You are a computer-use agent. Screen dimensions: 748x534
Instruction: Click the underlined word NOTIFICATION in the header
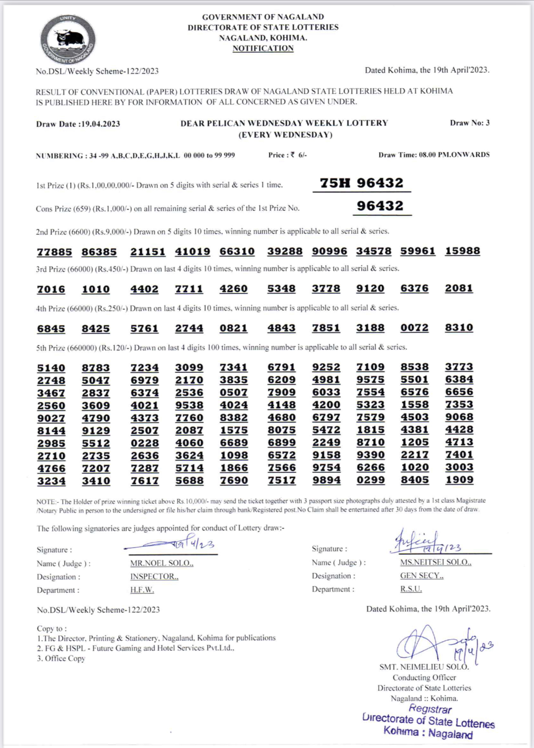[263, 48]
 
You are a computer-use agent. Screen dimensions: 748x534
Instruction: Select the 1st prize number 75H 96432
[361, 183]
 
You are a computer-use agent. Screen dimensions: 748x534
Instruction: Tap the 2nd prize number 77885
[55, 252]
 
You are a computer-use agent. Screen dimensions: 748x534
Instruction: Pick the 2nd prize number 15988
[462, 251]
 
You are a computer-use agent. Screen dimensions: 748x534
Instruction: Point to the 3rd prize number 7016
[51, 289]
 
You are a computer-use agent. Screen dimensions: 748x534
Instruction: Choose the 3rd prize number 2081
[459, 288]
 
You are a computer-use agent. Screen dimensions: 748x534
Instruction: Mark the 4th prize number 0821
[233, 328]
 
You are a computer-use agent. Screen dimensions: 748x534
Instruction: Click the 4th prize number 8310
[459, 328]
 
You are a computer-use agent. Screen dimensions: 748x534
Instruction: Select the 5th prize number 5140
[51, 368]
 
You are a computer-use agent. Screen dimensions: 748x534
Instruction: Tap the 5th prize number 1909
[459, 480]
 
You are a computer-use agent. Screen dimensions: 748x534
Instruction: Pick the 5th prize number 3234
[51, 481]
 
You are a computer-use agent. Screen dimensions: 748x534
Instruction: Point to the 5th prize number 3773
[459, 367]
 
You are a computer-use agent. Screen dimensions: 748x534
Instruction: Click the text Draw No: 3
[469, 123]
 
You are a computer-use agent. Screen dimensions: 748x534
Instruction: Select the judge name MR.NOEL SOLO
[161, 563]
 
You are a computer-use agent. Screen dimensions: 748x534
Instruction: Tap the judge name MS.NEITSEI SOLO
[435, 563]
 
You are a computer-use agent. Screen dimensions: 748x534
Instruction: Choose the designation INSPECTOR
[154, 577]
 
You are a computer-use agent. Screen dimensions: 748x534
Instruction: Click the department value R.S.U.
[411, 589]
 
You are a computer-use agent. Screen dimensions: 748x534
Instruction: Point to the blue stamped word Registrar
[430, 709]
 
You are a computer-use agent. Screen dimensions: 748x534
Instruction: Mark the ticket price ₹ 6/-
[299, 155]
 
